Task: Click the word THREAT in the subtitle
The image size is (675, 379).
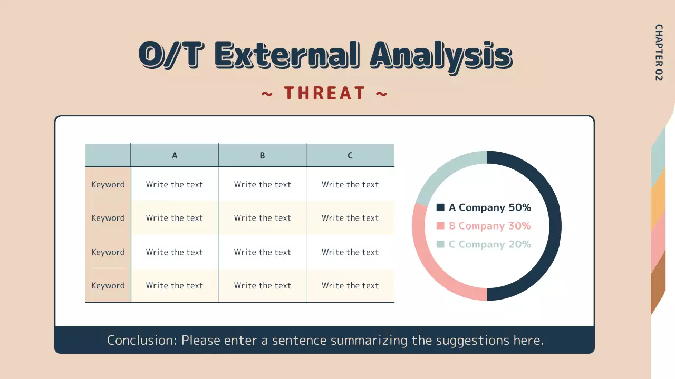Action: [x=324, y=93]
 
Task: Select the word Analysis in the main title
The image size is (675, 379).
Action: [x=441, y=56]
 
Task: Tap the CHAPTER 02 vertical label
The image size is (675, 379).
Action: [x=659, y=52]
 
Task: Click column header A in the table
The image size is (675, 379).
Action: [x=175, y=155]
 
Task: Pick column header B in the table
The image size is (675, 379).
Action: [x=262, y=155]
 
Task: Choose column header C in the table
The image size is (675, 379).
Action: [x=350, y=155]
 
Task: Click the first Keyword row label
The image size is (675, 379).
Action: [x=108, y=184]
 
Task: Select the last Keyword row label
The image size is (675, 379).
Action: [x=108, y=285]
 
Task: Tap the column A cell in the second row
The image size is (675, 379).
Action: [x=175, y=218]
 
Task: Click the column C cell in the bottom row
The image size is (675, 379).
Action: [x=350, y=285]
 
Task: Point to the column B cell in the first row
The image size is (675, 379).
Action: [x=263, y=184]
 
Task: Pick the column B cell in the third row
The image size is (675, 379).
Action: [x=263, y=252]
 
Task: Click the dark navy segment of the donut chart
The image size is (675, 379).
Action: [x=555, y=226]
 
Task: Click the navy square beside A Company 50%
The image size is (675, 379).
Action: [x=440, y=207]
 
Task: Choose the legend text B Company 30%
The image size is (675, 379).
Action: [x=490, y=226]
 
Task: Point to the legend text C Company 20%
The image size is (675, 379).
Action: [x=490, y=244]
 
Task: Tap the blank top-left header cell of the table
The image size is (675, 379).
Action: [x=108, y=155]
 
